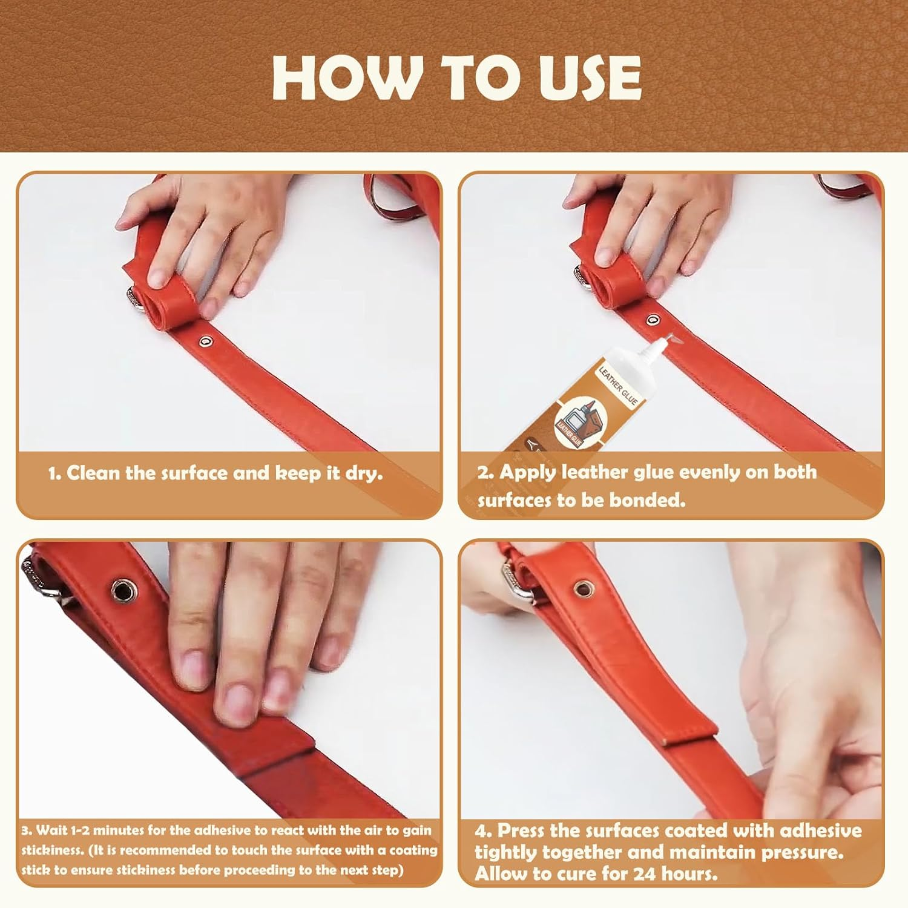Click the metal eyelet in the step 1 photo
(x=206, y=342)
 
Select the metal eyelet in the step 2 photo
(x=652, y=320)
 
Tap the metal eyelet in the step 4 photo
(x=583, y=587)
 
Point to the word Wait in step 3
(x=51, y=830)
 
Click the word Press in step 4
(x=522, y=830)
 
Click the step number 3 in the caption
(x=25, y=830)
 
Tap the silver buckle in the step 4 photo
(x=515, y=581)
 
